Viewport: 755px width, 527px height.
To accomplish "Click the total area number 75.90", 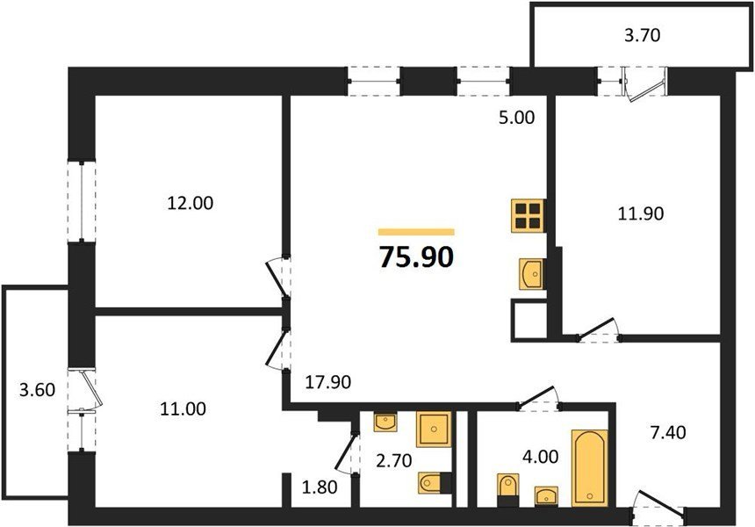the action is coord(416,256).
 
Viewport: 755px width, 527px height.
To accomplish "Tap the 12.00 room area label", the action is coord(191,203).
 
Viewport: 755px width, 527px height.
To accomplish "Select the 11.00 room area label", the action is coord(183,409).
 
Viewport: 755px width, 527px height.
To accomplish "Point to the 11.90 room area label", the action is coord(641,213).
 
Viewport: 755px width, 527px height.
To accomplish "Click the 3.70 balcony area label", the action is coord(643,35).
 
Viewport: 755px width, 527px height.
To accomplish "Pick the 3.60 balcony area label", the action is coord(37,389).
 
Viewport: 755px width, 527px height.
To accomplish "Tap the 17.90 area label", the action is coord(328,382).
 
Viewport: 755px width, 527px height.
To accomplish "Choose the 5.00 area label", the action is coord(517,118).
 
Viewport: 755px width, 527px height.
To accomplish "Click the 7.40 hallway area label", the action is coord(668,433).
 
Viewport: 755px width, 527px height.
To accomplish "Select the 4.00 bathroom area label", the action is coord(541,457).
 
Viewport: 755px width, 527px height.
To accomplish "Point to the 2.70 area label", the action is coord(394,461).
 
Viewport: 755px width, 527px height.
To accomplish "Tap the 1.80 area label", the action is coord(320,487).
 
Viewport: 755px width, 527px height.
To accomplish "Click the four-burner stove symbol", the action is coord(528,215).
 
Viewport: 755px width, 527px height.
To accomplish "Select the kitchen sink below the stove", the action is coord(532,274).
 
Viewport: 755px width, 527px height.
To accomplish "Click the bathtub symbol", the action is coord(589,468).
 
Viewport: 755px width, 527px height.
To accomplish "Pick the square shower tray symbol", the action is coord(434,429).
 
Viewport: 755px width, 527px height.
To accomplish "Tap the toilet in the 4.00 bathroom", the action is coord(508,490).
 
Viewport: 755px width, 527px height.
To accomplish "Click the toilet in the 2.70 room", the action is coord(435,483).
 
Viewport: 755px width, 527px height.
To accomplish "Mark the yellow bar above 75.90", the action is coord(416,232).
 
